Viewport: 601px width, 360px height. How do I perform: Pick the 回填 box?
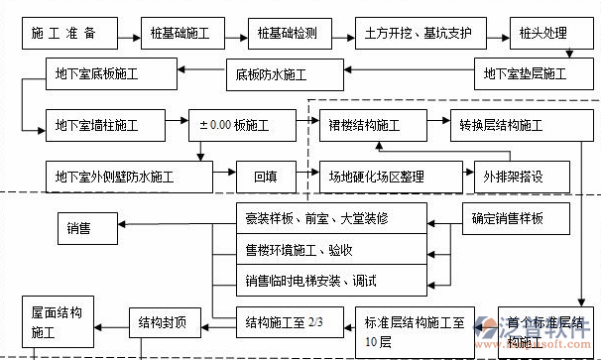pos(265,178)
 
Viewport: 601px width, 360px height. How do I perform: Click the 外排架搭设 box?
pos(521,178)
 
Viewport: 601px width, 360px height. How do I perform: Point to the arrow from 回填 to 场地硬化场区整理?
pos(306,178)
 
